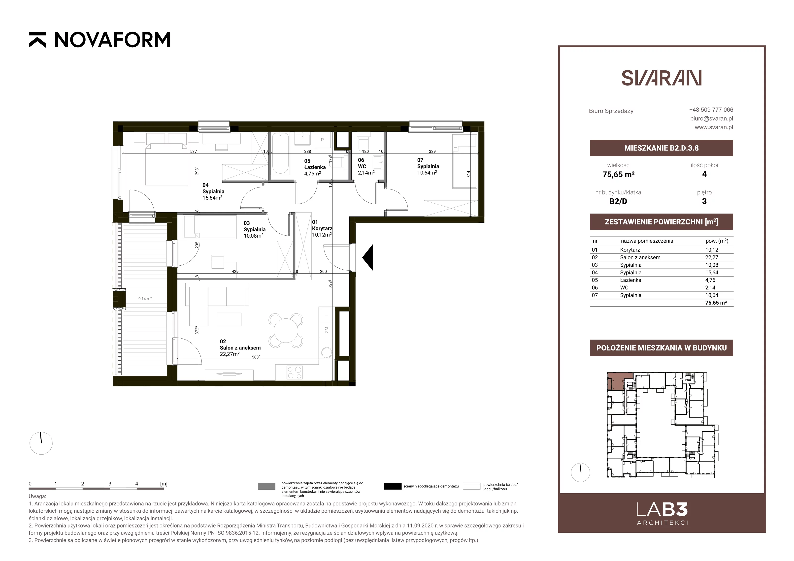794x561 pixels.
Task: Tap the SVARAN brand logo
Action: (x=661, y=78)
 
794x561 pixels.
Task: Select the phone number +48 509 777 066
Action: (x=711, y=110)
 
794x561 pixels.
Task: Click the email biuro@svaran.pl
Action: (x=711, y=118)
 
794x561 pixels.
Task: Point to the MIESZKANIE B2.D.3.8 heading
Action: (x=661, y=148)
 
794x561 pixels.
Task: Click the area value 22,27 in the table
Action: (x=712, y=257)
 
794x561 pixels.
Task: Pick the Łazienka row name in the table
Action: (x=630, y=280)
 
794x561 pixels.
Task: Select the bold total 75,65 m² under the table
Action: (x=716, y=303)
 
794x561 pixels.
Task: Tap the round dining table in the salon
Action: (x=286, y=330)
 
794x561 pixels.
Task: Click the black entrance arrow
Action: (x=368, y=257)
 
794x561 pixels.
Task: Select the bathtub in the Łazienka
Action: (x=280, y=154)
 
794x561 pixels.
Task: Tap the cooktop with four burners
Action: (x=294, y=373)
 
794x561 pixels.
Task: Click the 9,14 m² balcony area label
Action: (x=145, y=299)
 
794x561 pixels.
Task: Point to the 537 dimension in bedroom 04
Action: (x=193, y=151)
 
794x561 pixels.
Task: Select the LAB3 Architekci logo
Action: (x=662, y=514)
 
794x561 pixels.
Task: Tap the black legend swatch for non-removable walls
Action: (x=393, y=486)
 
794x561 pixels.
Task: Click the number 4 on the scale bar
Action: (x=137, y=484)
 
